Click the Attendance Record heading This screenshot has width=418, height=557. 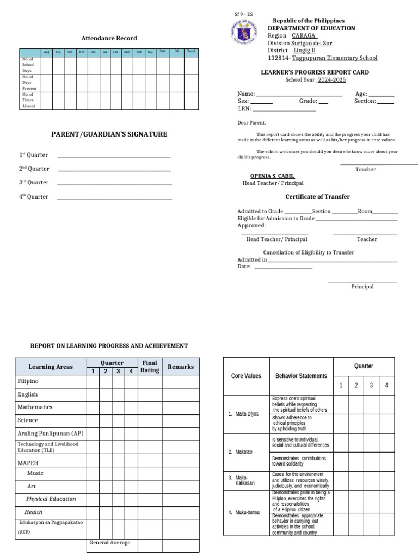(x=109, y=38)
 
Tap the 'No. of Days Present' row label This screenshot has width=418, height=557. (x=28, y=82)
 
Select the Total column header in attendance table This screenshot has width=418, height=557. (x=190, y=52)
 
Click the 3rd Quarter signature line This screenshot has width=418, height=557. (x=114, y=183)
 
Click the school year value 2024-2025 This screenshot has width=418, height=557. (x=331, y=79)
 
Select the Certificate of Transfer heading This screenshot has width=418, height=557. (x=317, y=196)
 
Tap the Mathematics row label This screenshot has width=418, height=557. (x=35, y=407)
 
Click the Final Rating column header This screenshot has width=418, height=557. (x=150, y=367)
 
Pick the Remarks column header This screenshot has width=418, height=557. (x=181, y=367)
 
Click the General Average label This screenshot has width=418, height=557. (x=110, y=542)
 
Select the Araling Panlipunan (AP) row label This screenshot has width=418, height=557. (x=50, y=434)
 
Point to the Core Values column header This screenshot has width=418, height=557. (x=246, y=376)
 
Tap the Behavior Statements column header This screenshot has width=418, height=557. (x=301, y=376)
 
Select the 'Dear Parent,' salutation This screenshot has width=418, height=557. (x=251, y=123)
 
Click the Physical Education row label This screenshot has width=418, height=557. (x=51, y=499)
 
